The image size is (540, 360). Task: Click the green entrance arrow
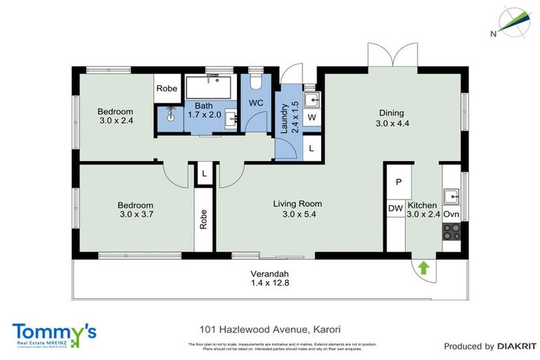[x=423, y=267]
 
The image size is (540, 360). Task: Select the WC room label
[x=255, y=103]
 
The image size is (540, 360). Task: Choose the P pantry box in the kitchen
[x=398, y=182]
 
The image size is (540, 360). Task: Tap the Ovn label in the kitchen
[x=451, y=214]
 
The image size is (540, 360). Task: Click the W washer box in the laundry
[x=311, y=117]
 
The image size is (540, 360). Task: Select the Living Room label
[x=297, y=204]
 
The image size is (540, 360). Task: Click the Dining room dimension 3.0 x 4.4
[x=392, y=124]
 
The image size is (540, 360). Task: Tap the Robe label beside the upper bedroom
[x=167, y=89]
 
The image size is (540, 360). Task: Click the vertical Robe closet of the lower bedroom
[x=204, y=219]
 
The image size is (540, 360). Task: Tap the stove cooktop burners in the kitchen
[x=451, y=231]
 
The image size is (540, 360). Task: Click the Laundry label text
[x=285, y=117]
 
